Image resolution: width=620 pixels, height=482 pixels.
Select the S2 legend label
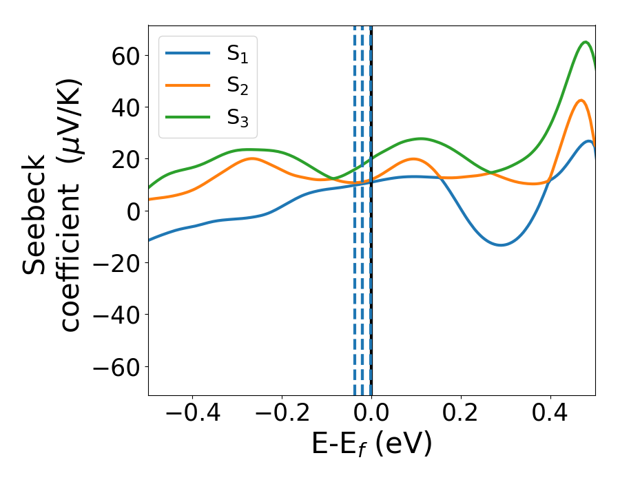[x=238, y=86]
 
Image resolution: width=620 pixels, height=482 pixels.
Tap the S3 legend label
[x=238, y=118]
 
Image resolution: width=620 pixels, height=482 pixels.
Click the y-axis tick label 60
[x=124, y=56]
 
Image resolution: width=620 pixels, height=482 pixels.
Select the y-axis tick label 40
[x=124, y=107]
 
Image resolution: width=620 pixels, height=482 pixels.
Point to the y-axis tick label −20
[x=115, y=263]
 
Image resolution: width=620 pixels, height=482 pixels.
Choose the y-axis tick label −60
[x=115, y=367]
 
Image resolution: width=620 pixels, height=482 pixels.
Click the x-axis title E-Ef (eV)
[x=372, y=444]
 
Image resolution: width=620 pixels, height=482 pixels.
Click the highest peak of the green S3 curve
[x=586, y=42]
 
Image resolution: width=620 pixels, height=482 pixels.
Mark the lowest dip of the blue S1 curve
[x=501, y=245]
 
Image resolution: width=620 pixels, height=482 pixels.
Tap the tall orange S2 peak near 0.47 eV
[x=582, y=101]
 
